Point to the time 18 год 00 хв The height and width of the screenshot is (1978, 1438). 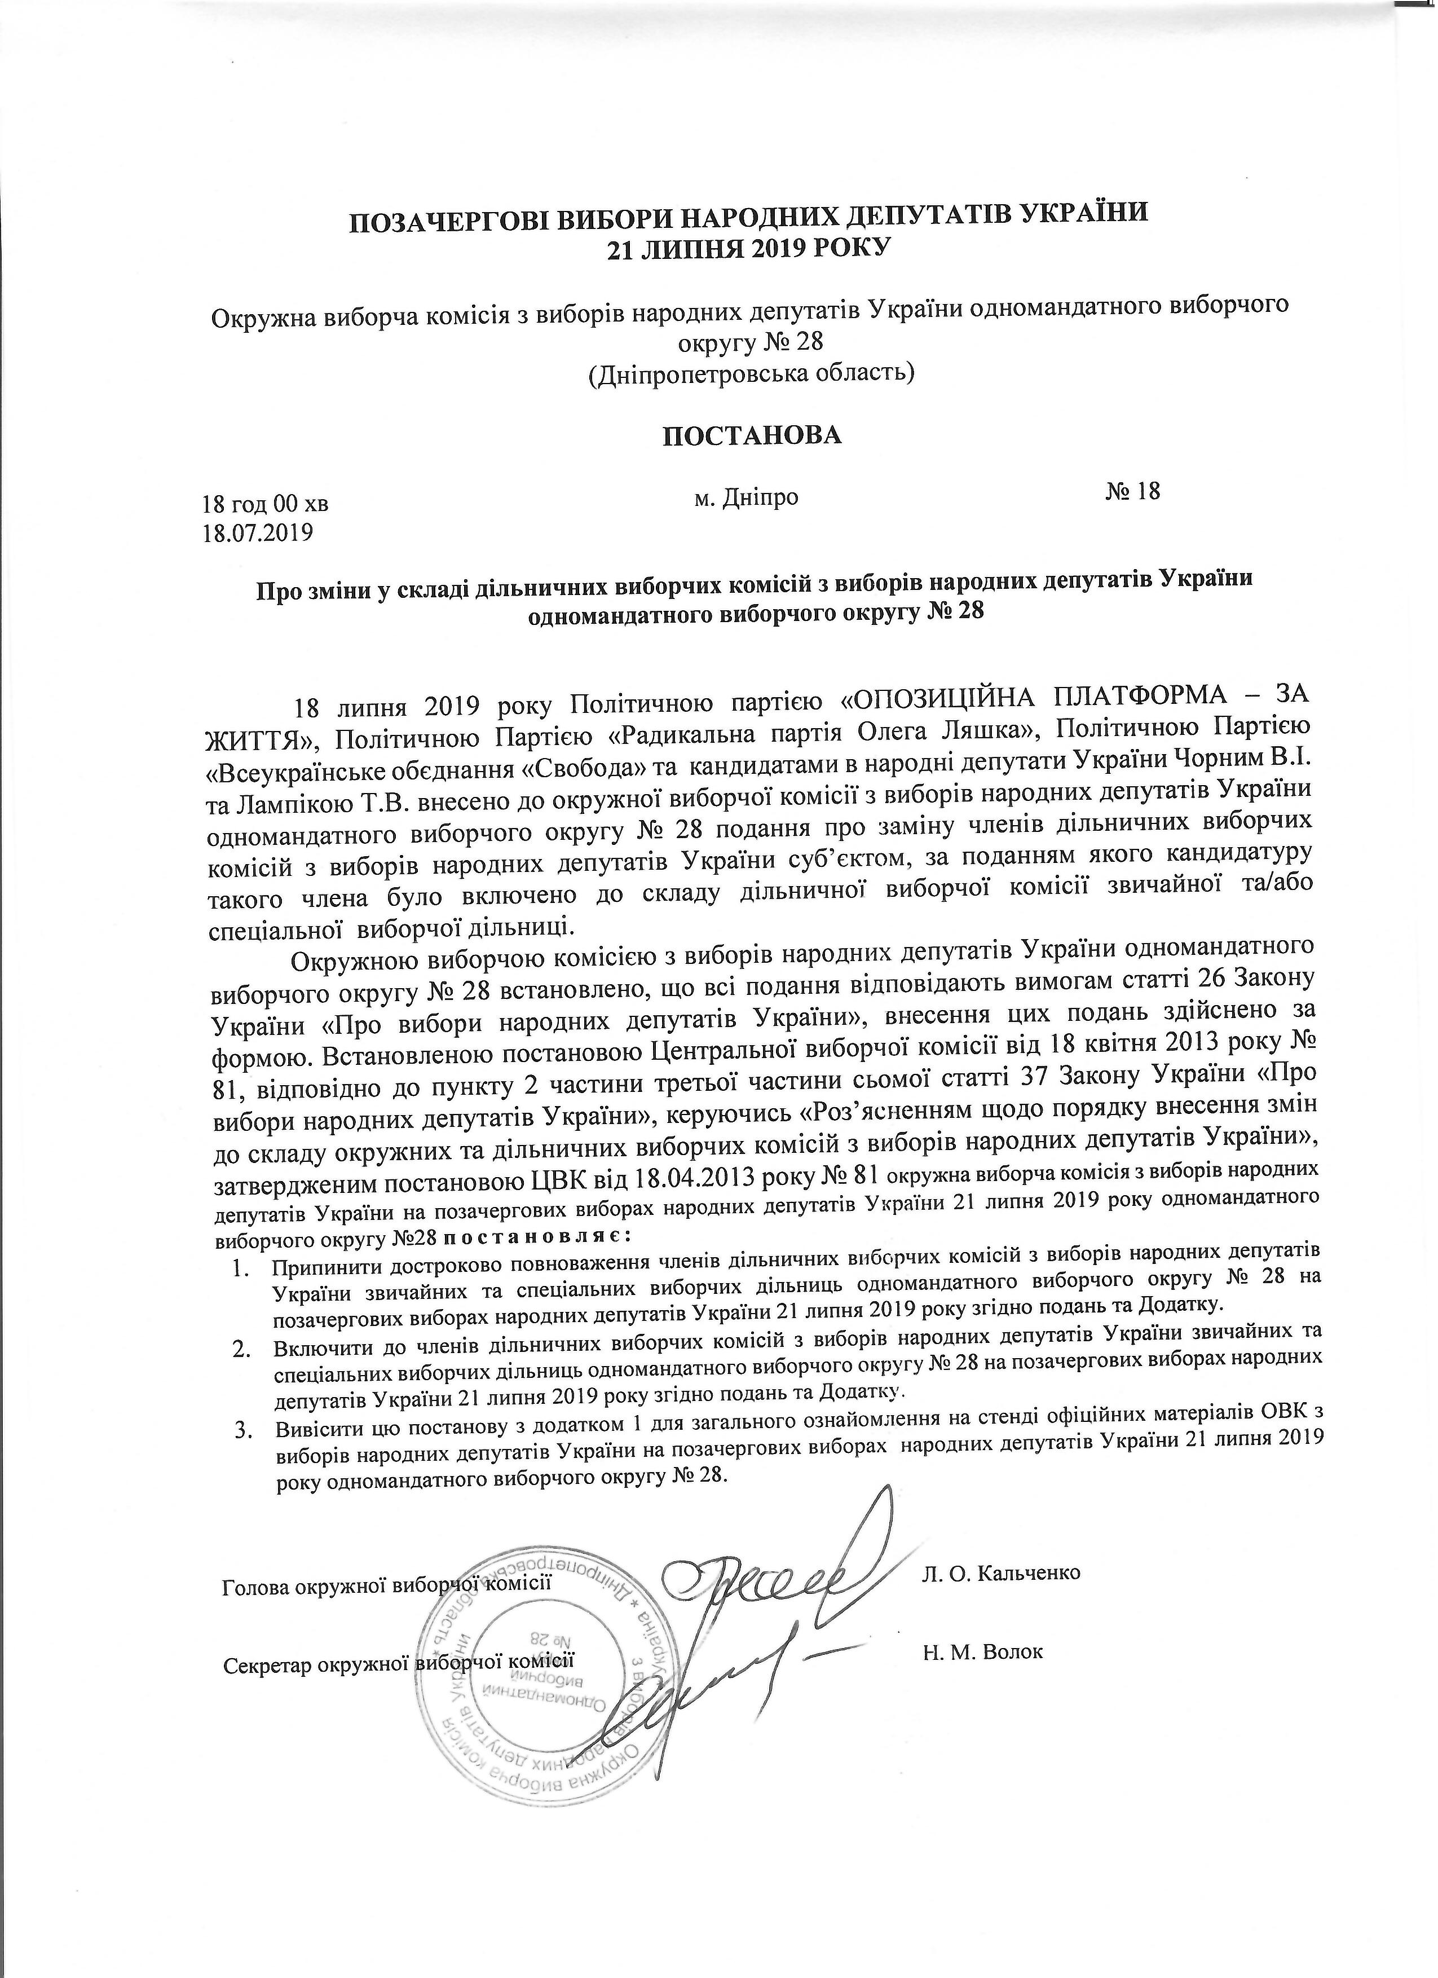click(265, 503)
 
